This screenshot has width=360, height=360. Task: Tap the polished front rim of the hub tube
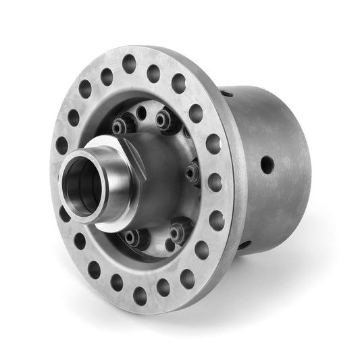click(x=68, y=199)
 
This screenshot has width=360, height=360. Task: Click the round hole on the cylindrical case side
click(x=267, y=163)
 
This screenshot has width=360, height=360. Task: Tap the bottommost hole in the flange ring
click(x=140, y=295)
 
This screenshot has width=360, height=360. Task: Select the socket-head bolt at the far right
click(x=192, y=172)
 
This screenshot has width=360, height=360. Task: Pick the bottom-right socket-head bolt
click(x=177, y=232)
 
